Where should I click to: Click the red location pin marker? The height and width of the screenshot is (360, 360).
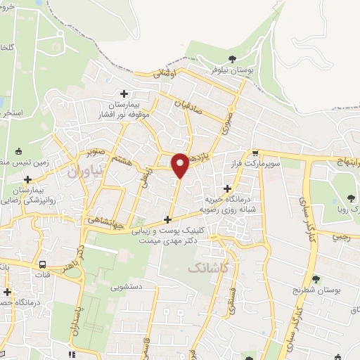[x=180, y=165]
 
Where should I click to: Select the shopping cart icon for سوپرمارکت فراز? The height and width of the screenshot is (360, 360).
[x=255, y=153]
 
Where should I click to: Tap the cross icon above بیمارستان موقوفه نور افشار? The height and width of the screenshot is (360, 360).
[x=124, y=93]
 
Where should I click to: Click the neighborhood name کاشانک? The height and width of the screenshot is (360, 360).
[x=208, y=267]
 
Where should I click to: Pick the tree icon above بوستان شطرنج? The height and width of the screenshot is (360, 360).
[x=316, y=280]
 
